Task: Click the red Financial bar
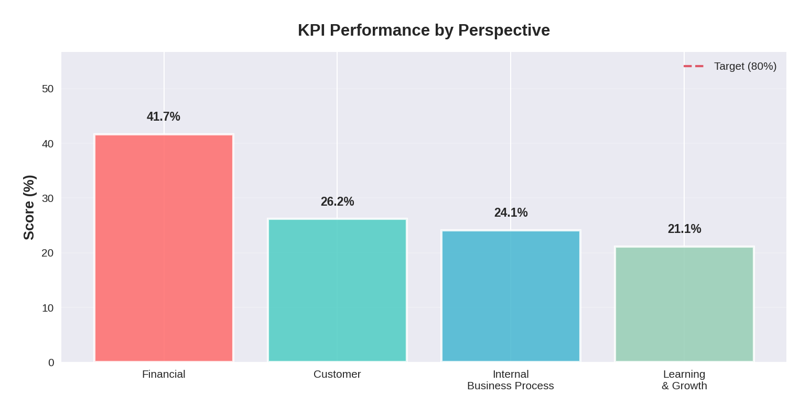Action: click(164, 248)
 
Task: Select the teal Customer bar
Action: click(337, 290)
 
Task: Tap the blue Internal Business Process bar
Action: click(511, 296)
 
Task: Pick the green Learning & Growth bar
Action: click(684, 304)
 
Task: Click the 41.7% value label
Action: click(164, 116)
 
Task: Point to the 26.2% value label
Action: click(337, 201)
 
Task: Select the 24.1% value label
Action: click(511, 212)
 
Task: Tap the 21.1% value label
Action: click(684, 229)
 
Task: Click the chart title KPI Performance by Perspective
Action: click(424, 30)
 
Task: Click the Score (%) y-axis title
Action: click(29, 207)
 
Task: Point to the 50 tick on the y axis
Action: click(48, 89)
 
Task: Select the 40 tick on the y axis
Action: click(48, 144)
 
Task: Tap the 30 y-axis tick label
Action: click(48, 198)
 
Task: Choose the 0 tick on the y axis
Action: click(51, 363)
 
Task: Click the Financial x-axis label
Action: click(164, 374)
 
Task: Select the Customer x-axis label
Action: click(337, 374)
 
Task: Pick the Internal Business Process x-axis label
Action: click(511, 380)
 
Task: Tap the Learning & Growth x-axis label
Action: click(684, 380)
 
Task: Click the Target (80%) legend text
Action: click(745, 66)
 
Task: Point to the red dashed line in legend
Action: click(693, 66)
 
